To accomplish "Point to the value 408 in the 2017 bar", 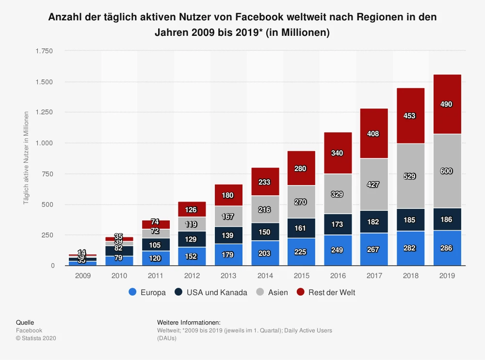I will point(373,134).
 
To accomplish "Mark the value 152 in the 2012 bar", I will point(191,256).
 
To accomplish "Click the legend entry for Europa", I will point(147,292).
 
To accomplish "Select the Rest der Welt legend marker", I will point(301,292).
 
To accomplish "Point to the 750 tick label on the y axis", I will point(47,173).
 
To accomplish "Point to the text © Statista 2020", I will point(36,338).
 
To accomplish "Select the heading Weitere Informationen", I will point(189,323).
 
